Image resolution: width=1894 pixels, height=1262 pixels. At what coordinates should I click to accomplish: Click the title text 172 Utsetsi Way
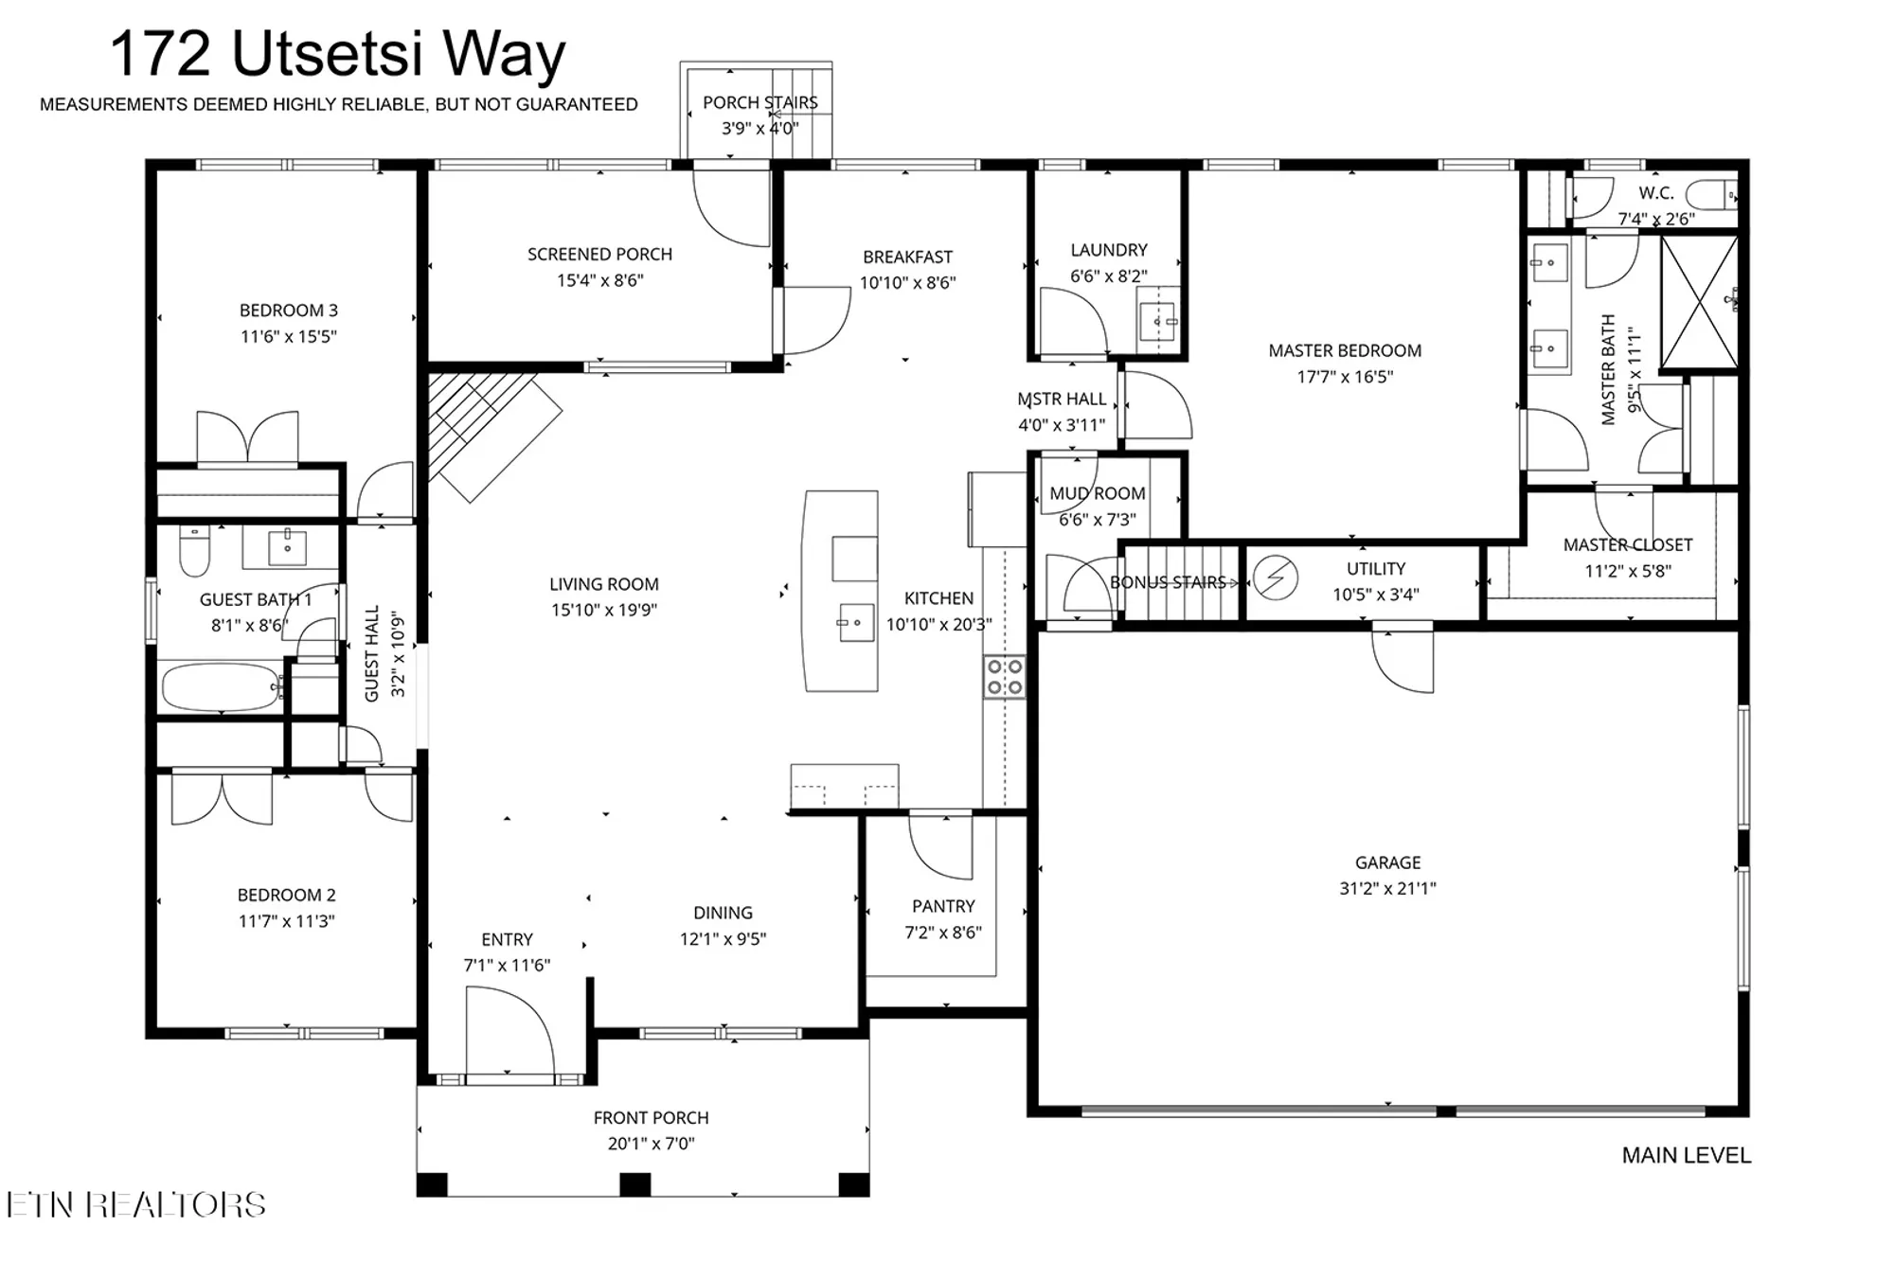click(338, 54)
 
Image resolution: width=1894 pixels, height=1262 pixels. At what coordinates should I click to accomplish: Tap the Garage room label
click(1387, 862)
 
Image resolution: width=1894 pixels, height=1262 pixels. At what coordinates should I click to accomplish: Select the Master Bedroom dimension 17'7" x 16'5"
click(1345, 377)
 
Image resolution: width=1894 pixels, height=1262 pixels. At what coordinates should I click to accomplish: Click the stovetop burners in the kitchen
click(1005, 676)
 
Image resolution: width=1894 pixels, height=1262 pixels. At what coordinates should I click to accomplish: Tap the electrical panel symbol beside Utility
click(1275, 578)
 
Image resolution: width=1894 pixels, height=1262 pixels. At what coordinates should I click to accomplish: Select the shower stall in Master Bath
click(1699, 302)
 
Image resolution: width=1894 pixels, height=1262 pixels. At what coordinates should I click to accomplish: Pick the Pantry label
click(943, 906)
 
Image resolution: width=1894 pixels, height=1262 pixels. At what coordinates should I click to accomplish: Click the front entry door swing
click(509, 1030)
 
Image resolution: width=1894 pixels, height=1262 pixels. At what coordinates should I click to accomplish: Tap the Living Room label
click(604, 584)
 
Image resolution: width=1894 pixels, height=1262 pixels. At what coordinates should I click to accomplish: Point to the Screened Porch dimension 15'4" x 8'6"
click(600, 280)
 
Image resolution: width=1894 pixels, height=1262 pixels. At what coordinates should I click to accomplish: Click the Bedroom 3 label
click(288, 310)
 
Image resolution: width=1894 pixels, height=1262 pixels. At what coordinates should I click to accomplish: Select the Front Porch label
click(652, 1117)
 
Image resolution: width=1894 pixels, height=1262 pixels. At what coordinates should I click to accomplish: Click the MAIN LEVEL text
click(1687, 1155)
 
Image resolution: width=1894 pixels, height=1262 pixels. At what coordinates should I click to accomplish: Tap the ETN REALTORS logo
click(136, 1204)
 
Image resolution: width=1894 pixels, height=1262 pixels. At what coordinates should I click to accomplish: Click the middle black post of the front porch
click(634, 1184)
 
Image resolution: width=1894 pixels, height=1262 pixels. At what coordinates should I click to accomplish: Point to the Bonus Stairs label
click(1169, 582)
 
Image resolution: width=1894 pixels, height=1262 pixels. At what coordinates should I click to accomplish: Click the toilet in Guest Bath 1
click(194, 552)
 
